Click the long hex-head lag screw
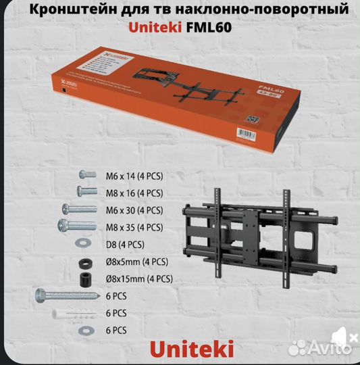(x=63, y=295)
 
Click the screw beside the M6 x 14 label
(x=85, y=176)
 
